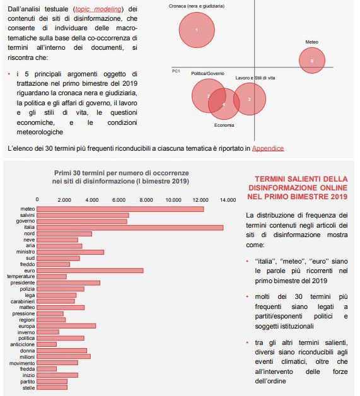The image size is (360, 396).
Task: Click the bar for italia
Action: (x=130, y=228)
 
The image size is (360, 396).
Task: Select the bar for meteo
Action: (x=120, y=209)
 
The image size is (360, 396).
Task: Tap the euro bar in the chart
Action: (x=90, y=271)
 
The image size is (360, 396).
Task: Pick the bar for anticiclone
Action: (x=47, y=344)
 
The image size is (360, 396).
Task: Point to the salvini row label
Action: (x=27, y=215)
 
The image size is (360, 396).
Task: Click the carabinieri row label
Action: (x=23, y=301)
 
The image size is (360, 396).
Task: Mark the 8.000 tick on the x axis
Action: (x=146, y=200)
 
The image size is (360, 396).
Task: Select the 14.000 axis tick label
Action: (x=228, y=200)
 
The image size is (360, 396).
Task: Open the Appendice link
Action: (x=268, y=148)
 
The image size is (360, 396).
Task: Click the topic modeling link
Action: (x=98, y=9)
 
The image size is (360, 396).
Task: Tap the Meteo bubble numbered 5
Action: (x=312, y=61)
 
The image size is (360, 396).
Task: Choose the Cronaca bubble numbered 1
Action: (x=197, y=30)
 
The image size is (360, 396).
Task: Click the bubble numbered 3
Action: (x=250, y=99)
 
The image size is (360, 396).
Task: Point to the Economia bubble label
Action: (x=224, y=125)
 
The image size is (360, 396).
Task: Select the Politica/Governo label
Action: (x=208, y=74)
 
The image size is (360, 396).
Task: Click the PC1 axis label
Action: (x=176, y=71)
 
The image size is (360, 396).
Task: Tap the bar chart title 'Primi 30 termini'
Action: (x=120, y=177)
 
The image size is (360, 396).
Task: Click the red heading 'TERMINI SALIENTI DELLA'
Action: (x=301, y=179)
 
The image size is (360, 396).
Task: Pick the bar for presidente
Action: (x=69, y=282)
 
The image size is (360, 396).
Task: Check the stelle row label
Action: (x=28, y=387)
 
